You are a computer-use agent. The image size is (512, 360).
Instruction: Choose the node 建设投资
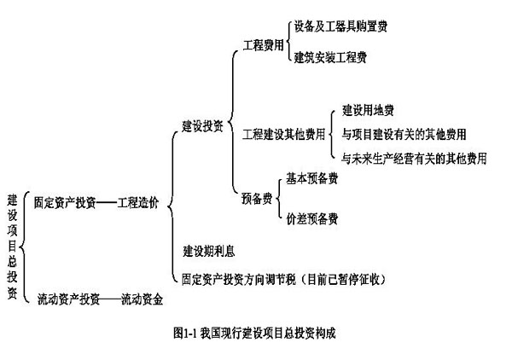pyautogui.click(x=203, y=126)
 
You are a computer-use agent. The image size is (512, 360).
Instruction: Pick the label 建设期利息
pyautogui.click(x=209, y=251)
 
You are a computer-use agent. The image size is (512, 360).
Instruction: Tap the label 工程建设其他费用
pyautogui.click(x=284, y=134)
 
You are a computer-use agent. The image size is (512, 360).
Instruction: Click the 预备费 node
pyautogui.click(x=257, y=199)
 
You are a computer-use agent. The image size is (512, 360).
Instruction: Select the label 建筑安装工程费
pyautogui.click(x=330, y=57)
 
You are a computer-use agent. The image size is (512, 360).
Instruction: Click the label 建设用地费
pyautogui.click(x=368, y=110)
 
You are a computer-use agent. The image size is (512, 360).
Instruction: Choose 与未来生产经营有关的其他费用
pyautogui.click(x=414, y=158)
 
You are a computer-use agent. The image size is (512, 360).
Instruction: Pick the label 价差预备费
pyautogui.click(x=311, y=218)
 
